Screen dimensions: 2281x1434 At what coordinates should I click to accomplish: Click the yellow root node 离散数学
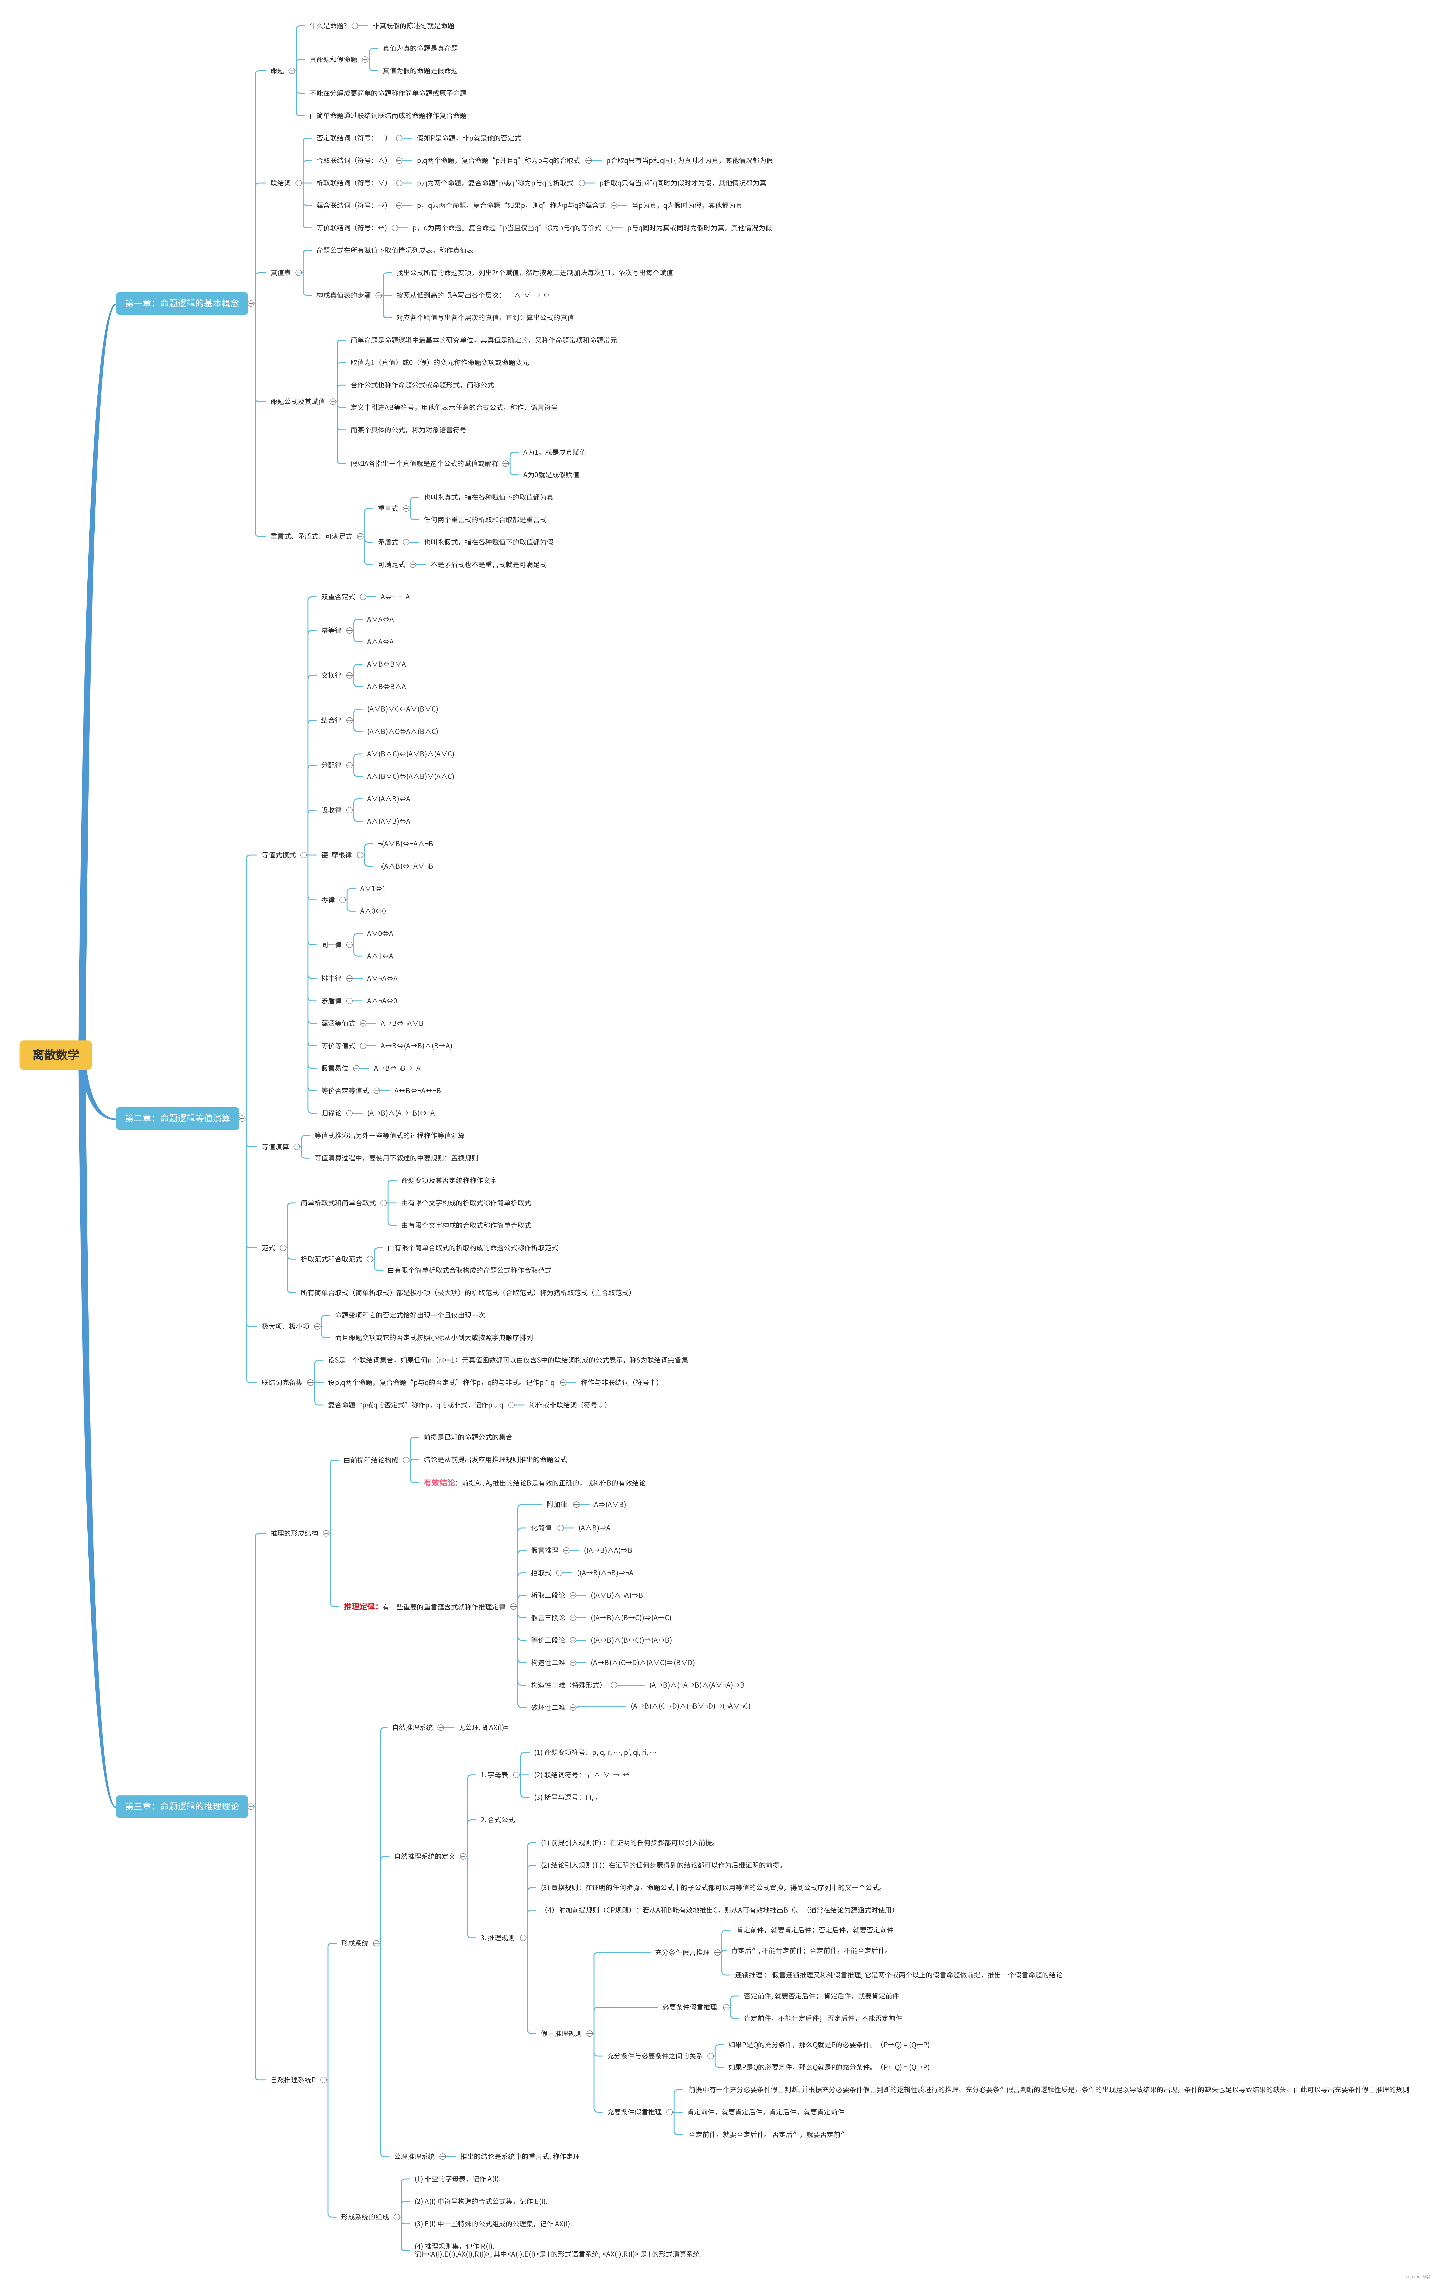[x=55, y=1054]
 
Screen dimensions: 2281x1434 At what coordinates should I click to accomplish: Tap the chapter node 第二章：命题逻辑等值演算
[x=177, y=1118]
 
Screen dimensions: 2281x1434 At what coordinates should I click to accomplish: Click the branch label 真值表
[x=280, y=273]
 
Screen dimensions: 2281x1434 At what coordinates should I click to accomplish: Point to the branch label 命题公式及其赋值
[x=297, y=402]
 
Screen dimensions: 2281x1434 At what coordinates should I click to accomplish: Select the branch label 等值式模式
[x=278, y=855]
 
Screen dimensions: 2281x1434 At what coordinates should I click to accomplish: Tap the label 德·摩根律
[x=336, y=855]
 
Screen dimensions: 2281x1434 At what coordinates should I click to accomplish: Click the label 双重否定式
[x=338, y=597]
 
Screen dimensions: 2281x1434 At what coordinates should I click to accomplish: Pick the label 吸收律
[x=331, y=810]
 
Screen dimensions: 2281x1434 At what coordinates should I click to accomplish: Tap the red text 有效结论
[x=440, y=1482]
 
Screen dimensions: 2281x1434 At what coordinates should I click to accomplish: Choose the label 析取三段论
[x=547, y=1595]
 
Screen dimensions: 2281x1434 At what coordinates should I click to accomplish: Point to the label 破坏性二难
[x=547, y=1707]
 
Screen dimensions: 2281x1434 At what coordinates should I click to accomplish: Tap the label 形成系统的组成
[x=365, y=2217]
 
